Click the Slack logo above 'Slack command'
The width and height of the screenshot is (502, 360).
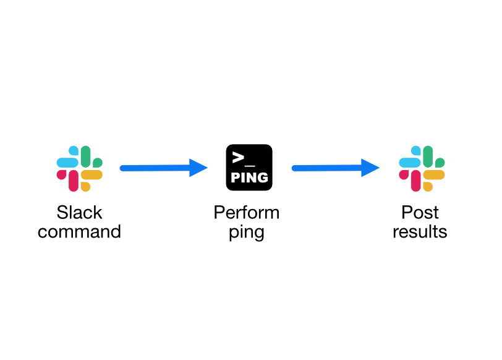pos(79,168)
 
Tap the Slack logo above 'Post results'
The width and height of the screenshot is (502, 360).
pos(422,168)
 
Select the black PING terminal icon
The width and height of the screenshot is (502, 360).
pos(249,167)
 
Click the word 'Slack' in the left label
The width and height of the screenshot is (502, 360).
pos(79,212)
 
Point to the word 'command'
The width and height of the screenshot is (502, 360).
pos(79,231)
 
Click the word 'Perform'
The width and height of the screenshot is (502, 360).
pos(247,212)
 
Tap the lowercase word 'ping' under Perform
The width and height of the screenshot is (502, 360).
pos(247,233)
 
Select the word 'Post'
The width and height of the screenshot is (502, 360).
pos(420,212)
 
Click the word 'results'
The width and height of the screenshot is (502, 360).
pos(420,231)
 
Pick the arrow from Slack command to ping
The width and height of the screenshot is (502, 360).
pos(164,168)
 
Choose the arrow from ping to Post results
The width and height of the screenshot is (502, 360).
pos(336,168)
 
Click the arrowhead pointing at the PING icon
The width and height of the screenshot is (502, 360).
pos(198,168)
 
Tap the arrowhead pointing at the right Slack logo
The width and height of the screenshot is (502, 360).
pos(370,168)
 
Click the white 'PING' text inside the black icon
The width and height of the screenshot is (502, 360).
pos(249,178)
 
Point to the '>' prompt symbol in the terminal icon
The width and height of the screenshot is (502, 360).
pos(238,157)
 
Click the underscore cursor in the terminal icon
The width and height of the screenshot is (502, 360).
pos(250,166)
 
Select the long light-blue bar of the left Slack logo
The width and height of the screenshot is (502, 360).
pos(67,163)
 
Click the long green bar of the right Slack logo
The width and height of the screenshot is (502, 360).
pos(428,156)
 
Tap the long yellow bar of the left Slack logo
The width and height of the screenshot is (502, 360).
pos(91,175)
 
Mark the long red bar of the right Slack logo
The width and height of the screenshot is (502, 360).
pos(415,181)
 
